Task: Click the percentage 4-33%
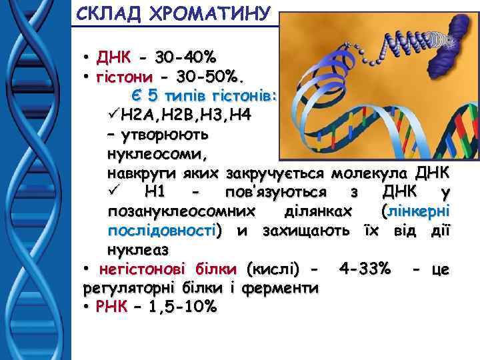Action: point(365,269)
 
